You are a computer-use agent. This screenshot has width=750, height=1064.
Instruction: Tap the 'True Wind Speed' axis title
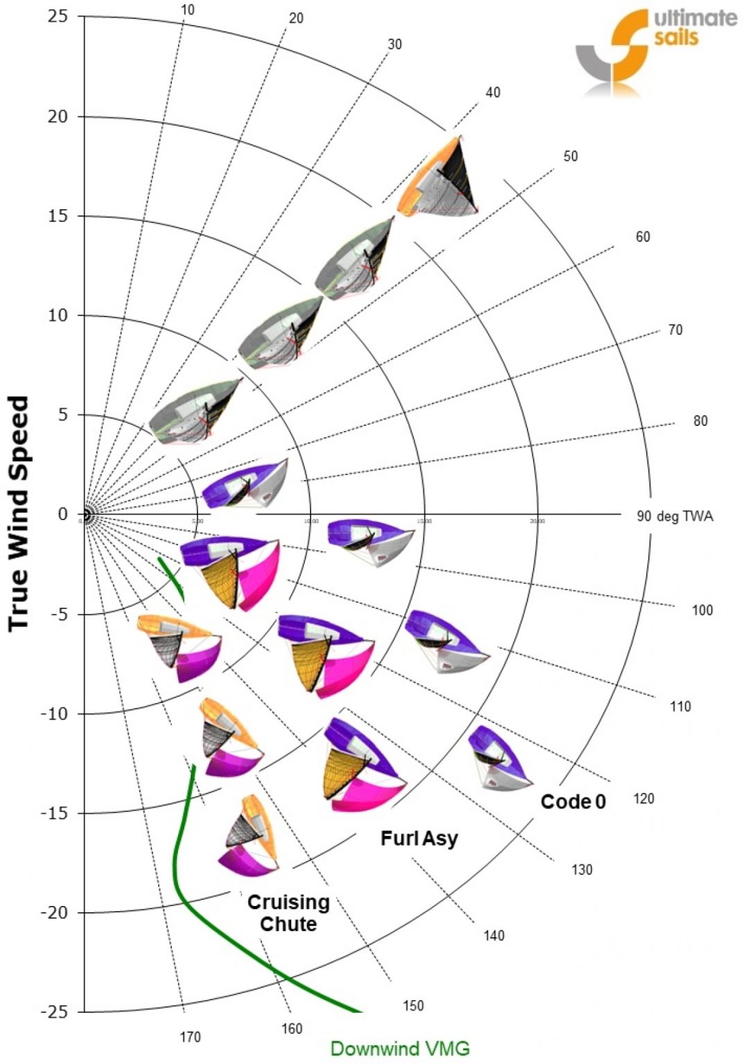(x=19, y=513)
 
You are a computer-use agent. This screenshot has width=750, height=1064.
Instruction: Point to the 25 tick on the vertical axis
(x=58, y=16)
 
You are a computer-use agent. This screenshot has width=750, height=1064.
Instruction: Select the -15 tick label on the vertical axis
(x=54, y=813)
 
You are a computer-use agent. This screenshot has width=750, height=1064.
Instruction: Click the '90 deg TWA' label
(x=674, y=516)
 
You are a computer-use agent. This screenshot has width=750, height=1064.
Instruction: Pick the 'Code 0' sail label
(x=573, y=801)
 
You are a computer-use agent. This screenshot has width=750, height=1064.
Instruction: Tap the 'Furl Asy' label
(x=419, y=839)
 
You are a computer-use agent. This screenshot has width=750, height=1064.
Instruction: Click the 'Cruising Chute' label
(x=288, y=913)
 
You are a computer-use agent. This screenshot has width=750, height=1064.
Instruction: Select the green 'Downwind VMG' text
(x=400, y=1049)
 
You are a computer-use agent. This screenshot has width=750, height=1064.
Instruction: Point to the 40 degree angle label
(x=493, y=93)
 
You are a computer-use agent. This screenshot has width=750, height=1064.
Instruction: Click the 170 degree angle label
(x=190, y=1037)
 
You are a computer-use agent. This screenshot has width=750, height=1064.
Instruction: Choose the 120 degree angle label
(x=643, y=799)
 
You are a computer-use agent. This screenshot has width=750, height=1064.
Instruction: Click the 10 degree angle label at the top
(x=187, y=10)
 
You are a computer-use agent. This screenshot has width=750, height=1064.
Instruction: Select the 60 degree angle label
(x=643, y=237)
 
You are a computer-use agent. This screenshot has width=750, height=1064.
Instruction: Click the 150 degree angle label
(x=413, y=1006)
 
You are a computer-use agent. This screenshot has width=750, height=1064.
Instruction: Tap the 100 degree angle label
(x=701, y=610)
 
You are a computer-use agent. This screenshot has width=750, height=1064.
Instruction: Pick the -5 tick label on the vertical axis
(x=58, y=614)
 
